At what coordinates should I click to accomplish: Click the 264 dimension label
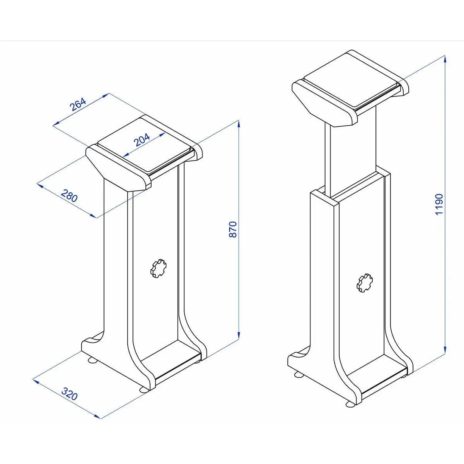click(78, 105)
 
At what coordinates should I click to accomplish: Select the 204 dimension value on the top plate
click(142, 140)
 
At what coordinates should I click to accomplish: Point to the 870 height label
click(232, 229)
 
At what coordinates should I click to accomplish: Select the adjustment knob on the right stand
click(365, 283)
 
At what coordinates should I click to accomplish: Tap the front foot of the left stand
click(144, 389)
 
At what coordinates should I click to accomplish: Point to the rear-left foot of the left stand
click(93, 360)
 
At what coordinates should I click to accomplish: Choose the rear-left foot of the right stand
click(299, 374)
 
